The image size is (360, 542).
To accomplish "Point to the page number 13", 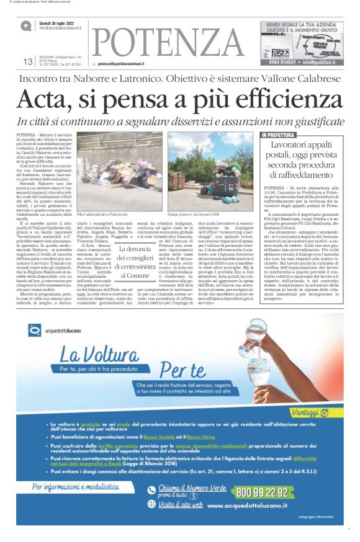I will coord(28,61).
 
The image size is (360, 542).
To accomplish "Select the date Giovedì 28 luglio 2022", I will coord(61,23).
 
